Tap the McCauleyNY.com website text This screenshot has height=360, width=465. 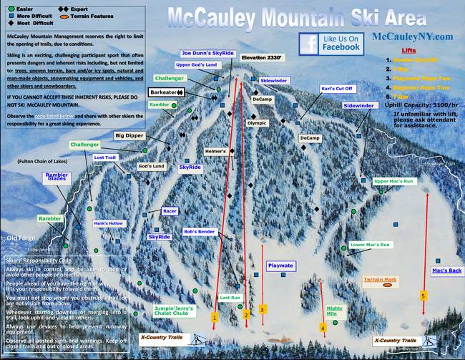(x=413, y=37)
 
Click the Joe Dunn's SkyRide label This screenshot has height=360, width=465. (x=207, y=53)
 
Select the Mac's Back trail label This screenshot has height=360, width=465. (x=446, y=271)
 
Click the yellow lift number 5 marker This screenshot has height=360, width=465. (x=424, y=295)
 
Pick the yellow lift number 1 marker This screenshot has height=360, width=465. (x=215, y=316)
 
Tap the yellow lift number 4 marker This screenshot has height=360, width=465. (x=323, y=327)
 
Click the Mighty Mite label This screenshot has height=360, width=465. (x=335, y=311)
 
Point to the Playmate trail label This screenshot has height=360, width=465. (x=280, y=265)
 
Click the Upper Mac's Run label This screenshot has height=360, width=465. (x=393, y=181)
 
